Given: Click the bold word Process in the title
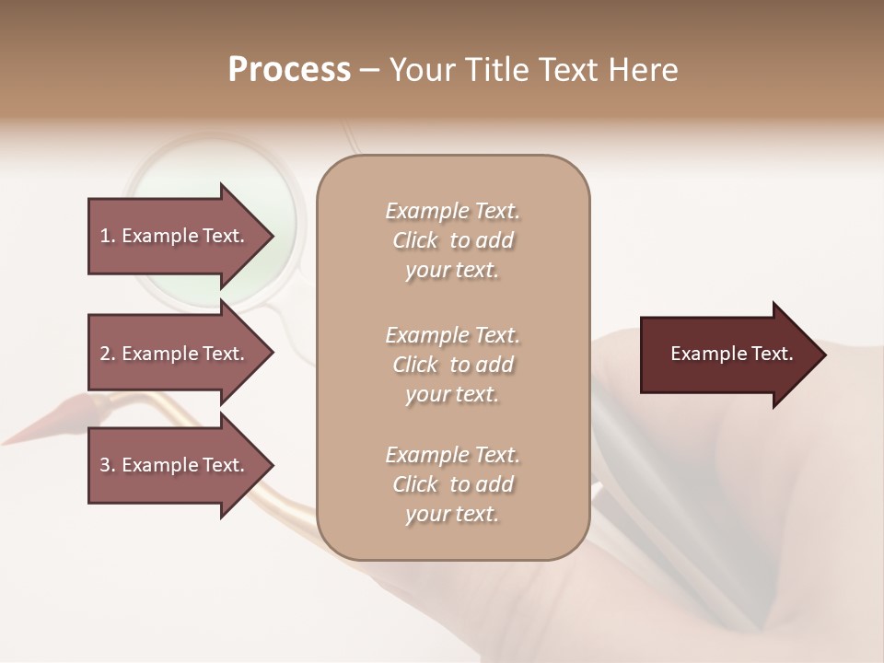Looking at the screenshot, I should (289, 70).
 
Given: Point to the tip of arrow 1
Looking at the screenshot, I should (272, 236).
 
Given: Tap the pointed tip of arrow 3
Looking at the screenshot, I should (272, 465).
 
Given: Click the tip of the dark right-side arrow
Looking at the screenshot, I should (824, 355).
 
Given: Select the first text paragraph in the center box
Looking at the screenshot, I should (452, 240).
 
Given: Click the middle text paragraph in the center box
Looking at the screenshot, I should (452, 365).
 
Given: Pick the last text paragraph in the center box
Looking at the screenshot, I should (452, 484).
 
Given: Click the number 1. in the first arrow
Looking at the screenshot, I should (108, 236).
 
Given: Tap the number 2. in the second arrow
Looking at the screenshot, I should (108, 354).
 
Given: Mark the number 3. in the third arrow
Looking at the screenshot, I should (108, 465).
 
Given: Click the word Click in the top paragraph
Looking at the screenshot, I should (415, 241).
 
